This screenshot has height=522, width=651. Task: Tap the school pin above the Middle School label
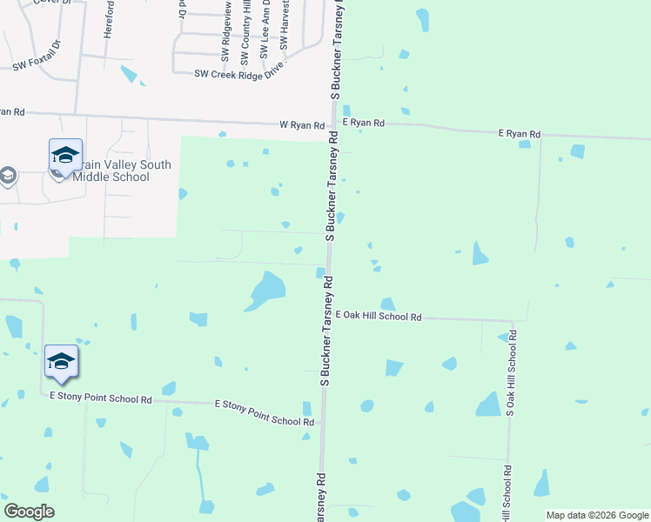pyautogui.click(x=65, y=156)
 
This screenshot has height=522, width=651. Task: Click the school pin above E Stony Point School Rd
pyautogui.click(x=61, y=362)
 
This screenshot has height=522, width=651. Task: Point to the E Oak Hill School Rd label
pyautogui.click(x=379, y=318)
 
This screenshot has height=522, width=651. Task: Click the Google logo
pyautogui.click(x=29, y=512)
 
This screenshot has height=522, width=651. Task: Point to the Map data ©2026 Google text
pyautogui.click(x=597, y=515)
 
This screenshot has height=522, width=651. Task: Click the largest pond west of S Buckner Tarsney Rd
pyautogui.click(x=265, y=289)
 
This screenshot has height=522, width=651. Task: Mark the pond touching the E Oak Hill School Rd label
pyautogui.click(x=387, y=304)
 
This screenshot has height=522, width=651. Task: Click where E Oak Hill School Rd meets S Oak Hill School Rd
pyautogui.click(x=512, y=320)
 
